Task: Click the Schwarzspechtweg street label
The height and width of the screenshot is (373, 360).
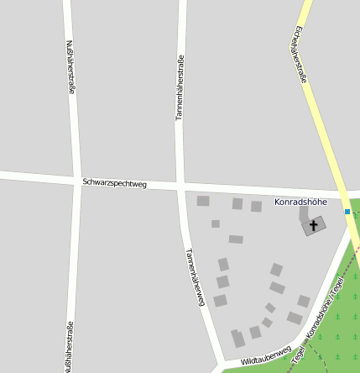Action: (115, 182)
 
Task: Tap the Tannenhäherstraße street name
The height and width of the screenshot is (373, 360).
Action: (179, 87)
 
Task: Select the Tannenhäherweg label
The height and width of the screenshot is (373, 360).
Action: (196, 278)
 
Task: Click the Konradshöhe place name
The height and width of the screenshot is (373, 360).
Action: (300, 202)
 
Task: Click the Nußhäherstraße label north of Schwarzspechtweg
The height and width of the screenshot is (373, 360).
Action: (70, 67)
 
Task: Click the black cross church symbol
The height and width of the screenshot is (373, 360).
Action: (315, 224)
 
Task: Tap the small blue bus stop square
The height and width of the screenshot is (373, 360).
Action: (347, 212)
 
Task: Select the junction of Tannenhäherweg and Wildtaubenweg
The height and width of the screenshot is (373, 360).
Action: (220, 367)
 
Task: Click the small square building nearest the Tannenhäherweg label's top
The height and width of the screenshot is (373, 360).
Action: (216, 223)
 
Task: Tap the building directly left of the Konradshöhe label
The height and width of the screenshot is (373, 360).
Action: (256, 206)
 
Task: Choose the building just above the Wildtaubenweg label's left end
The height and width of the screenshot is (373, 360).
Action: (238, 339)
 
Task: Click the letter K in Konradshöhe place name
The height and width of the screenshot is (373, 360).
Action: (278, 202)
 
